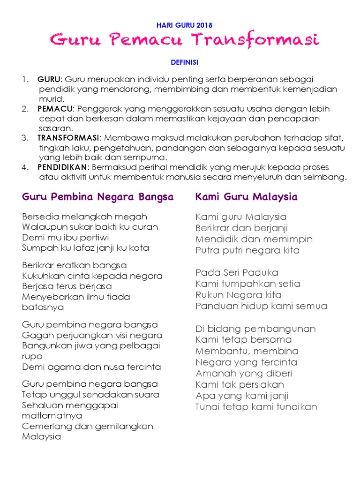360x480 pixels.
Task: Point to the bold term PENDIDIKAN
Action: tap(62, 167)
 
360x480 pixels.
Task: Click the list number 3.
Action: tap(25, 138)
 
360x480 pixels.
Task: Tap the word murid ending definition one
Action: tap(48, 99)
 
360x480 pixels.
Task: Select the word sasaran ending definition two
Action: tap(55, 128)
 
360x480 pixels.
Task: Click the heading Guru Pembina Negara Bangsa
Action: tap(97, 197)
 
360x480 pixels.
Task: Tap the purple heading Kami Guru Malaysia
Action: tap(246, 197)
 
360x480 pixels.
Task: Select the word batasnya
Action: tap(43, 307)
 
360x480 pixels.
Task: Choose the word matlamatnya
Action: tap(52, 415)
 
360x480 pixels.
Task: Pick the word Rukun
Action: tap(209, 295)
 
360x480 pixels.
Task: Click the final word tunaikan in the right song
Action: tap(295, 407)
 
